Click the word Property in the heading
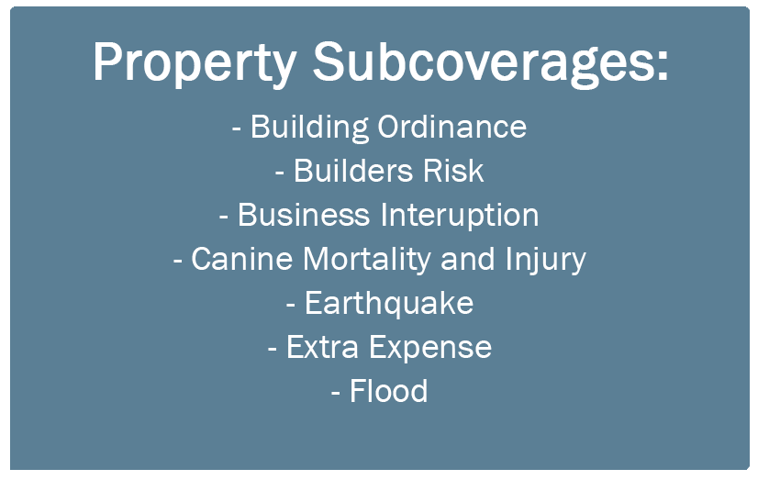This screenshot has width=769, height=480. click(195, 62)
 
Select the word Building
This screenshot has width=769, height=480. click(309, 128)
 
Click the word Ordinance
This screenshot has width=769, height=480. click(451, 127)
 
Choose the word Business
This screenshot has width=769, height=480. click(304, 216)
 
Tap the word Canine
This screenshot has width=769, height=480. click(241, 259)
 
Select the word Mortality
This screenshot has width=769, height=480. click(366, 260)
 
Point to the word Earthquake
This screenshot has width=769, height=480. click(389, 304)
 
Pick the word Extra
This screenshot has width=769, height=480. click(322, 347)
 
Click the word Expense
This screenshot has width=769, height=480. click(429, 348)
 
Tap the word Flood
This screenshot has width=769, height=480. click(388, 391)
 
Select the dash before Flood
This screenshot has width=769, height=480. click(336, 394)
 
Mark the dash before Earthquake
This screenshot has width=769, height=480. click(291, 306)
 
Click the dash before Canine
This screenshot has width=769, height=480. click(177, 262)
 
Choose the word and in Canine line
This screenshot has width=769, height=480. click(468, 259)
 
